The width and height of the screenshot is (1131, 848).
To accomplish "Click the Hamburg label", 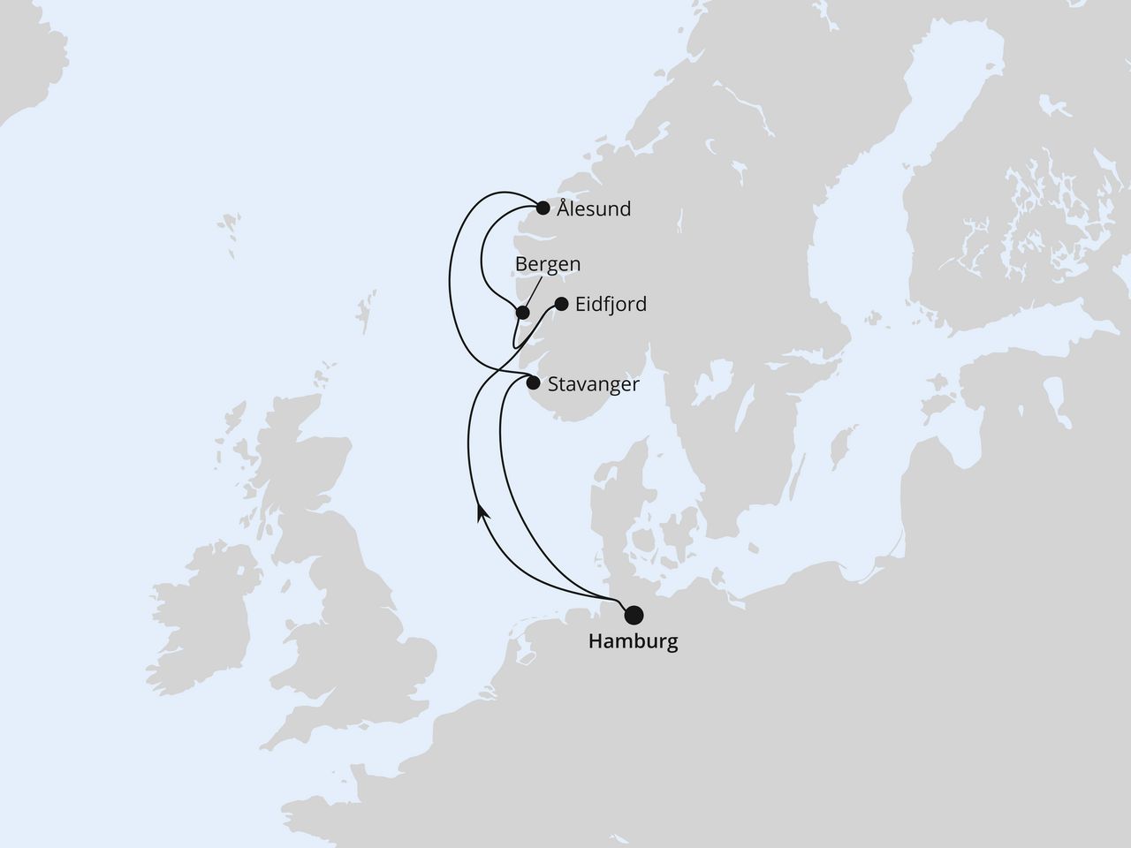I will [633, 642].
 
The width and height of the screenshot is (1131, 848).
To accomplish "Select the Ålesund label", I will [594, 209].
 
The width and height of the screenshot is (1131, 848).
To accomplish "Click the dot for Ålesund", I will [543, 208].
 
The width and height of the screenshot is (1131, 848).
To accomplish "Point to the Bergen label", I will [548, 264].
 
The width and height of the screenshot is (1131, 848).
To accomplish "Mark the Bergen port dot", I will [523, 312].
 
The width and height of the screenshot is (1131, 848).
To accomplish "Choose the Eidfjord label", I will [611, 305].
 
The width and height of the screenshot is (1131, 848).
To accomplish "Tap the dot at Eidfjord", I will [560, 305].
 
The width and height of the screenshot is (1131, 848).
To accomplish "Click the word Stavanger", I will [593, 384].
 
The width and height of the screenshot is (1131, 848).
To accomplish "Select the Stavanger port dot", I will [533, 383].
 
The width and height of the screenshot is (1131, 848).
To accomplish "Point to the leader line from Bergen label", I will [534, 290].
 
